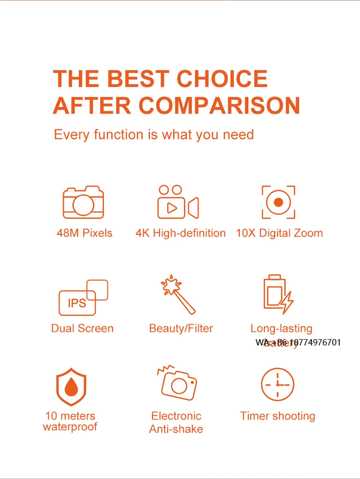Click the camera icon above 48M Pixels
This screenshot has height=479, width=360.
(83, 202)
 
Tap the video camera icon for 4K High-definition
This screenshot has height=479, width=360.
(178, 202)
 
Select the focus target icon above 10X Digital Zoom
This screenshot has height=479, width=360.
(278, 202)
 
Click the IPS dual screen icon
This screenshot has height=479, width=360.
(83, 298)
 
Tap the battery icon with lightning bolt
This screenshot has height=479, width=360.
(278, 294)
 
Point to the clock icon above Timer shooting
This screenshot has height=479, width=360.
(277, 385)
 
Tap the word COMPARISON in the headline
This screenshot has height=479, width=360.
(220, 105)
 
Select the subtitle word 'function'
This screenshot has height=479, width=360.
(118, 134)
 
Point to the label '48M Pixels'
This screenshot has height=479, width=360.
(84, 233)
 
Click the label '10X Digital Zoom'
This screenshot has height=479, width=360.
(279, 233)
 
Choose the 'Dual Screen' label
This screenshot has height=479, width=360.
(83, 329)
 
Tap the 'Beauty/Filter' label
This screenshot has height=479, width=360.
(181, 329)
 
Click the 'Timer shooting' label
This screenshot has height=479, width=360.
(278, 416)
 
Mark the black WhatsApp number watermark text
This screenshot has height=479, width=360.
(298, 343)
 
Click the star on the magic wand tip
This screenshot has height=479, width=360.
(168, 284)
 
